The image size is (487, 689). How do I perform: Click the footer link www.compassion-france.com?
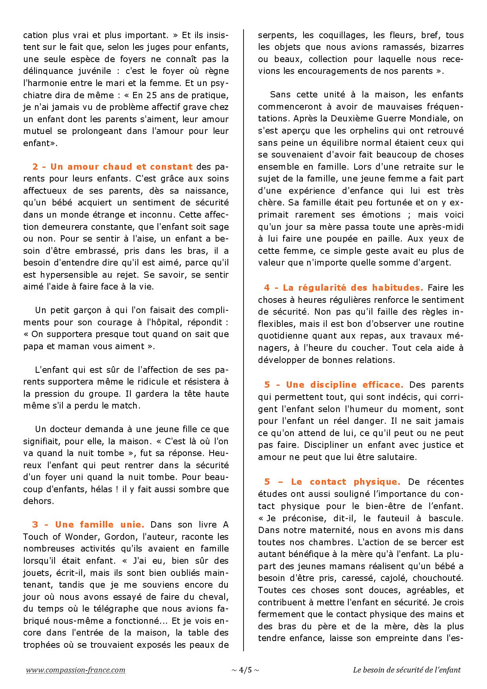[76, 670]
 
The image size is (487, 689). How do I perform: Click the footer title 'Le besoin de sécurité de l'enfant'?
[406, 670]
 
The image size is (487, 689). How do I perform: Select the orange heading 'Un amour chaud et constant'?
[112, 167]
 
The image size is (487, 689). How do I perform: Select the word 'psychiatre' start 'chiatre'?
[40, 95]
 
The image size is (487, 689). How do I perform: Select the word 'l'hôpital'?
[177, 322]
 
